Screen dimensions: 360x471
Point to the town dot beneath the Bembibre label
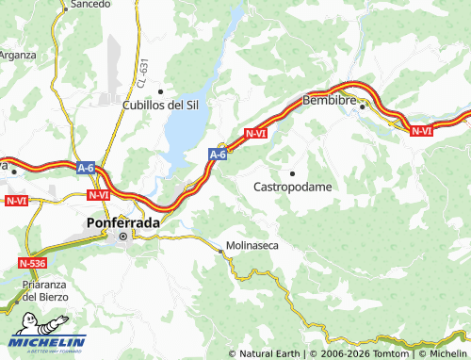click(363, 107)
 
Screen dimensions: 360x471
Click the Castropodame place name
click(293, 187)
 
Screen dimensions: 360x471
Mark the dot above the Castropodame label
click(293, 173)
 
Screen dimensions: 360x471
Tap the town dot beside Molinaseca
click(221, 252)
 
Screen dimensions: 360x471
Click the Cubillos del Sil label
click(159, 105)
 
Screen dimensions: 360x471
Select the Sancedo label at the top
click(89, 5)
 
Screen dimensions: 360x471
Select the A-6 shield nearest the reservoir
click(218, 153)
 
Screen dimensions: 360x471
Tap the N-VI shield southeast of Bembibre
click(421, 131)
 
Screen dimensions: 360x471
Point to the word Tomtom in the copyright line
click(388, 353)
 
